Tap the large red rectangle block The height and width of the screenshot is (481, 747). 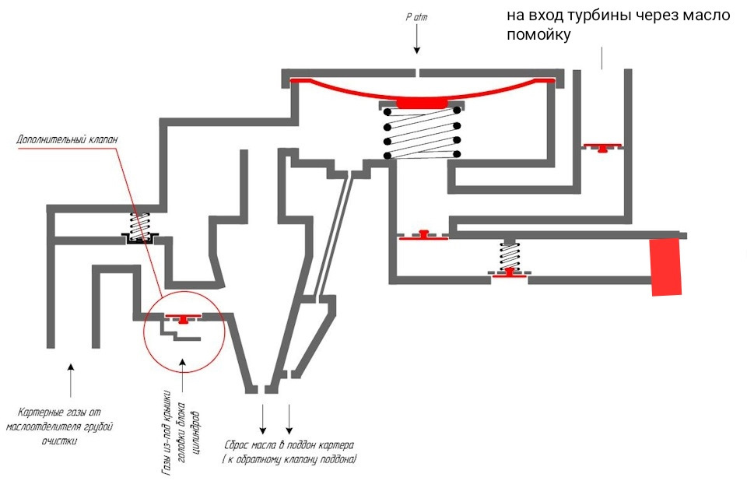[666, 266]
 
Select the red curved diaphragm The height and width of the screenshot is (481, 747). [421, 89]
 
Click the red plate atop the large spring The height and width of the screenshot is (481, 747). [421, 103]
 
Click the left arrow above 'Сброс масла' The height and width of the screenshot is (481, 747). [262, 420]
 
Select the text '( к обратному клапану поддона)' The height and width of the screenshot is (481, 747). [289, 460]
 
